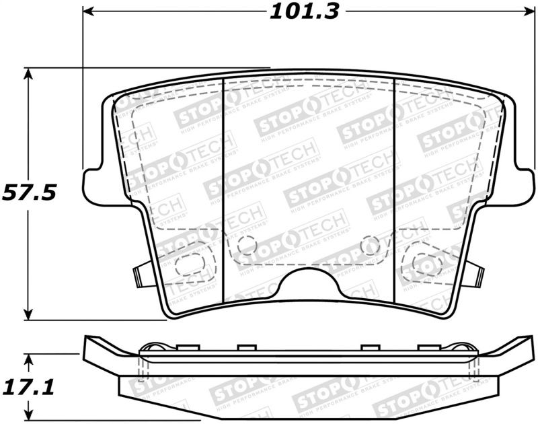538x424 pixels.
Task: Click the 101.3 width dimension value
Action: tap(305, 11)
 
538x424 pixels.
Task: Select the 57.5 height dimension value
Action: tap(28, 192)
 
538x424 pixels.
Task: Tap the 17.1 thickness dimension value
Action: tap(28, 388)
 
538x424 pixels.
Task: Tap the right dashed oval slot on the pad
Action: tap(426, 263)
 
